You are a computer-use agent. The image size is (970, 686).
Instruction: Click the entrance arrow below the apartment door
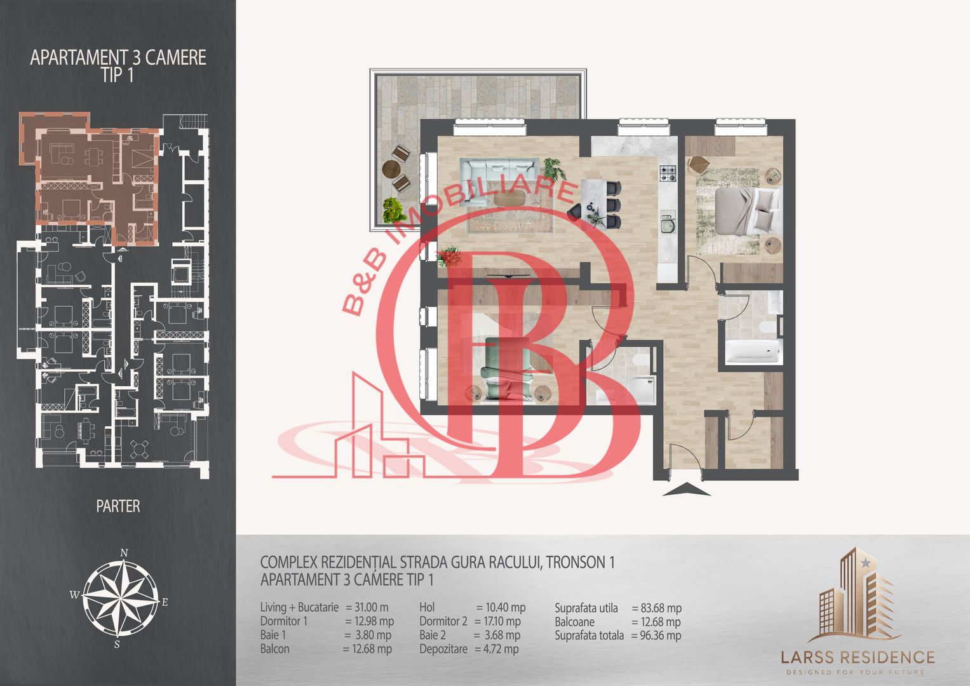point(686,490)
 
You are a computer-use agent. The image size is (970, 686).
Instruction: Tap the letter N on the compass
point(124,553)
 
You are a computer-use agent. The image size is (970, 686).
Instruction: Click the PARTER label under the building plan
point(118,506)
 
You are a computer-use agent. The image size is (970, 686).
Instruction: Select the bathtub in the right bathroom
point(753,351)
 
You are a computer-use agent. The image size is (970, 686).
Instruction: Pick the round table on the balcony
point(391,169)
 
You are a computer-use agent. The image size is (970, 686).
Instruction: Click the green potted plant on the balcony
point(394,210)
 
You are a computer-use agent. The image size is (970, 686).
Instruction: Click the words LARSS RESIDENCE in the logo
point(858,657)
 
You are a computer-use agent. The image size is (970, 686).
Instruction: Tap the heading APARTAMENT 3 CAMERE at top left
point(118,58)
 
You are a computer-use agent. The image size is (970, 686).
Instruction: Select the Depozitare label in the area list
point(443,649)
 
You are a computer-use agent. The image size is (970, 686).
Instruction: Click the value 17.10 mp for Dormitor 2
point(497,621)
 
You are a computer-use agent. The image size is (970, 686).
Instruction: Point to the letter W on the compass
point(74,595)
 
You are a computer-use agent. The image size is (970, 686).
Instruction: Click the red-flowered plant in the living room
point(450,257)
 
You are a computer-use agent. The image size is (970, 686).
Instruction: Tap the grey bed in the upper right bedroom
point(746,210)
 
